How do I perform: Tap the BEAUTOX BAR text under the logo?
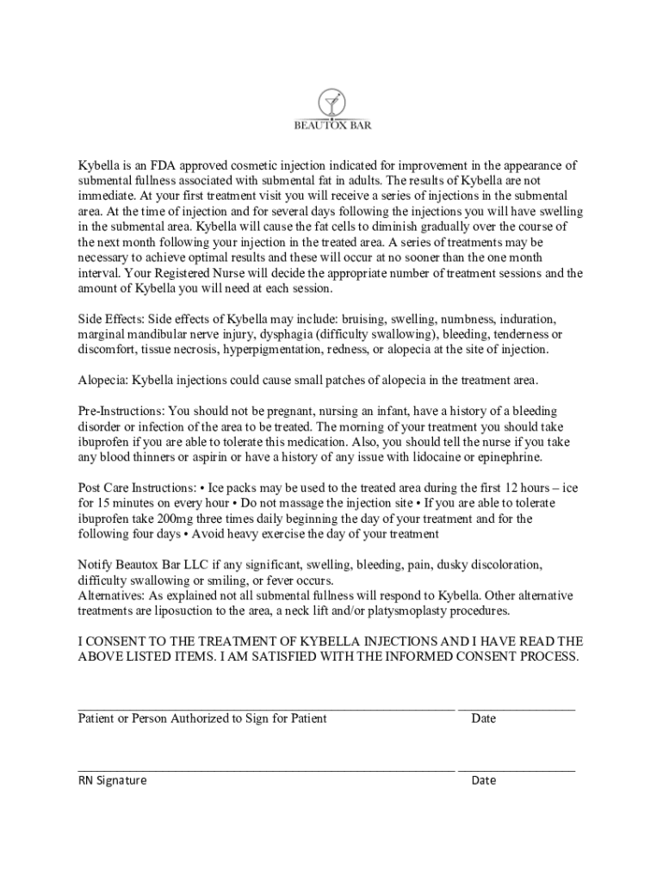[331, 125]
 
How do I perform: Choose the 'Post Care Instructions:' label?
[136, 488]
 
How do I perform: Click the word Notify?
[96, 565]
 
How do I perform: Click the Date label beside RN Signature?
[483, 780]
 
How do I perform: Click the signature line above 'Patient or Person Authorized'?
[266, 708]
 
